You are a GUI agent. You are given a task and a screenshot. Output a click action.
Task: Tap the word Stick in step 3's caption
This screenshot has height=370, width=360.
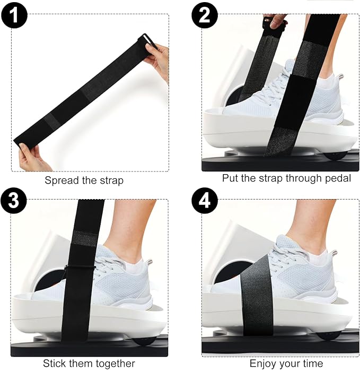pyautogui.click(x=56, y=363)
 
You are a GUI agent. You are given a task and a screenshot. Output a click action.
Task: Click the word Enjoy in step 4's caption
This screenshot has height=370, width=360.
pyautogui.click(x=264, y=363)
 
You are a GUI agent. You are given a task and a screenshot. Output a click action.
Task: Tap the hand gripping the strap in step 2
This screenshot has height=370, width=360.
pyautogui.click(x=276, y=21)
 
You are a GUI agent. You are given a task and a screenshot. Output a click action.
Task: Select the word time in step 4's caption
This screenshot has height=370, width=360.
pyautogui.click(x=312, y=363)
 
